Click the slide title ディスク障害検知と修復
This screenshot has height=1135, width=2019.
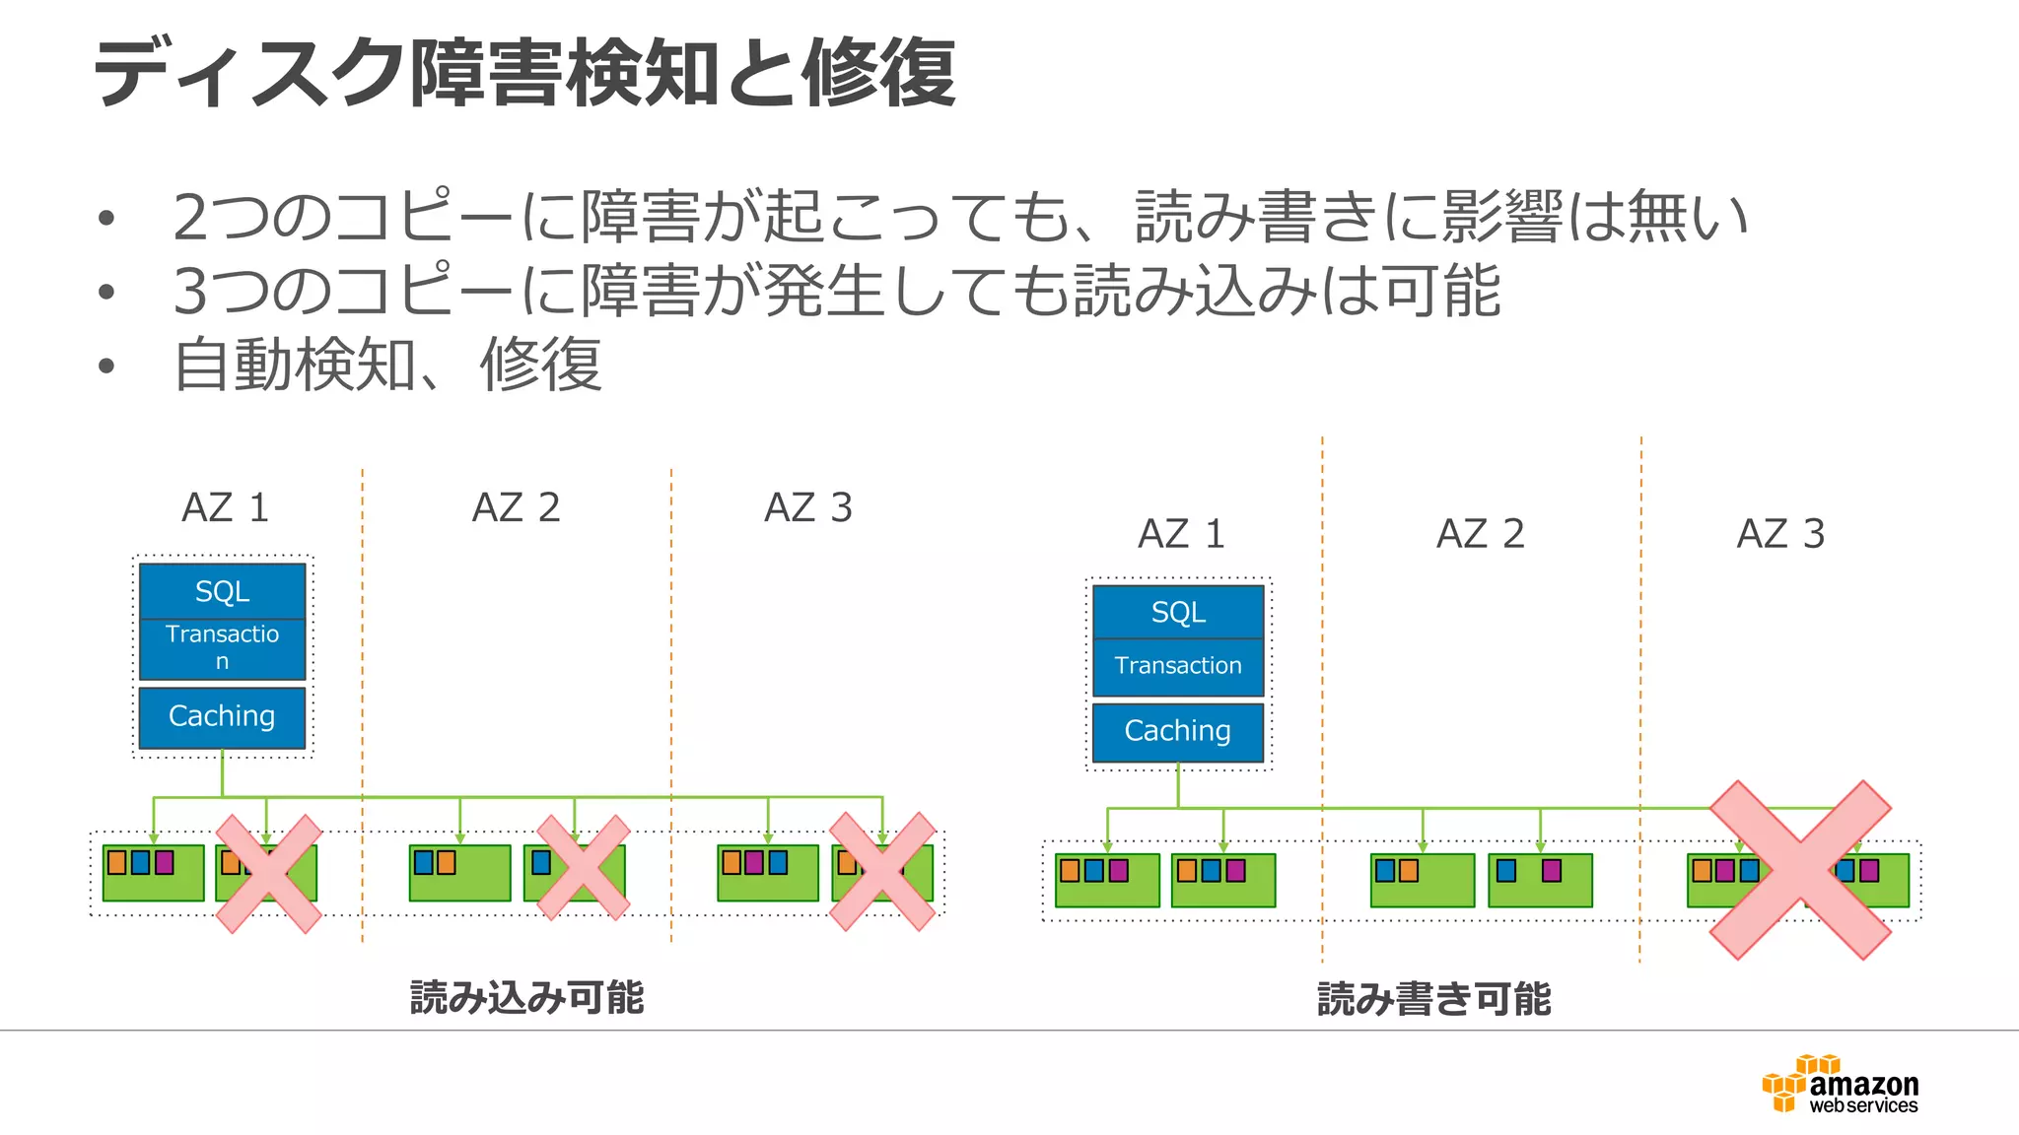(523, 74)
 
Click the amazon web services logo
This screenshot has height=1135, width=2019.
(1841, 1085)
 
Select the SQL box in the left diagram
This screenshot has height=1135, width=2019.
(222, 591)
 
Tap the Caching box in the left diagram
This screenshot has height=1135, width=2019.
(222, 716)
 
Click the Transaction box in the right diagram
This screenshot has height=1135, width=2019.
(1178, 666)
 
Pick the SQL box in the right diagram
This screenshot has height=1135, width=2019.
(1178, 613)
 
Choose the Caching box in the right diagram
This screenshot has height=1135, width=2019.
(1178, 731)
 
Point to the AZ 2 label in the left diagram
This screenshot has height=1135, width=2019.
(516, 508)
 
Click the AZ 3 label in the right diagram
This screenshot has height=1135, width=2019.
(1780, 534)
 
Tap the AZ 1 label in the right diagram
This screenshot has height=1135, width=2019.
(1181, 534)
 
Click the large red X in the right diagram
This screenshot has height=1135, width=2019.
(1800, 869)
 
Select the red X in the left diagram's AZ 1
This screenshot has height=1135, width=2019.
(268, 873)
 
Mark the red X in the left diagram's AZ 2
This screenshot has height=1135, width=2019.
(583, 868)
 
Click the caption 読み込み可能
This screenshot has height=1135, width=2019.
(526, 997)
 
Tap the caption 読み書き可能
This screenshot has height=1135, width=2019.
(1434, 998)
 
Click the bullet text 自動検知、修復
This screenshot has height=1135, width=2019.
(387, 366)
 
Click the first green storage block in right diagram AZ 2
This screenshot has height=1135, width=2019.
(1422, 881)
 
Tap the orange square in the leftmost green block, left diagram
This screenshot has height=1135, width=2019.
(117, 863)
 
